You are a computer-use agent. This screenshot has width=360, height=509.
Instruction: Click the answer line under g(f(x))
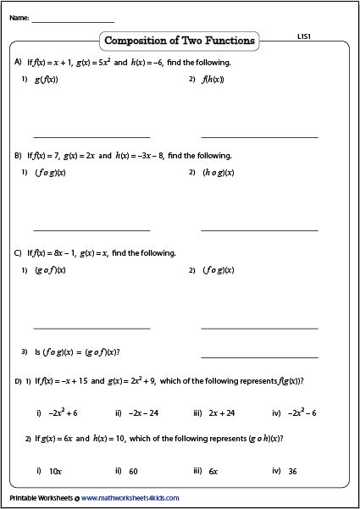click(x=91, y=136)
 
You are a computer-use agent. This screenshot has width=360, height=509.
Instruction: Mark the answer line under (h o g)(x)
click(x=259, y=229)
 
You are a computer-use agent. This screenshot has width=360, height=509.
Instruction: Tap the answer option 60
click(x=134, y=470)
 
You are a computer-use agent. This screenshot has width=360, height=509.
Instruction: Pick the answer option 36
click(x=291, y=470)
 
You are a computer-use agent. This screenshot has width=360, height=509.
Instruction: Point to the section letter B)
click(x=18, y=156)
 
